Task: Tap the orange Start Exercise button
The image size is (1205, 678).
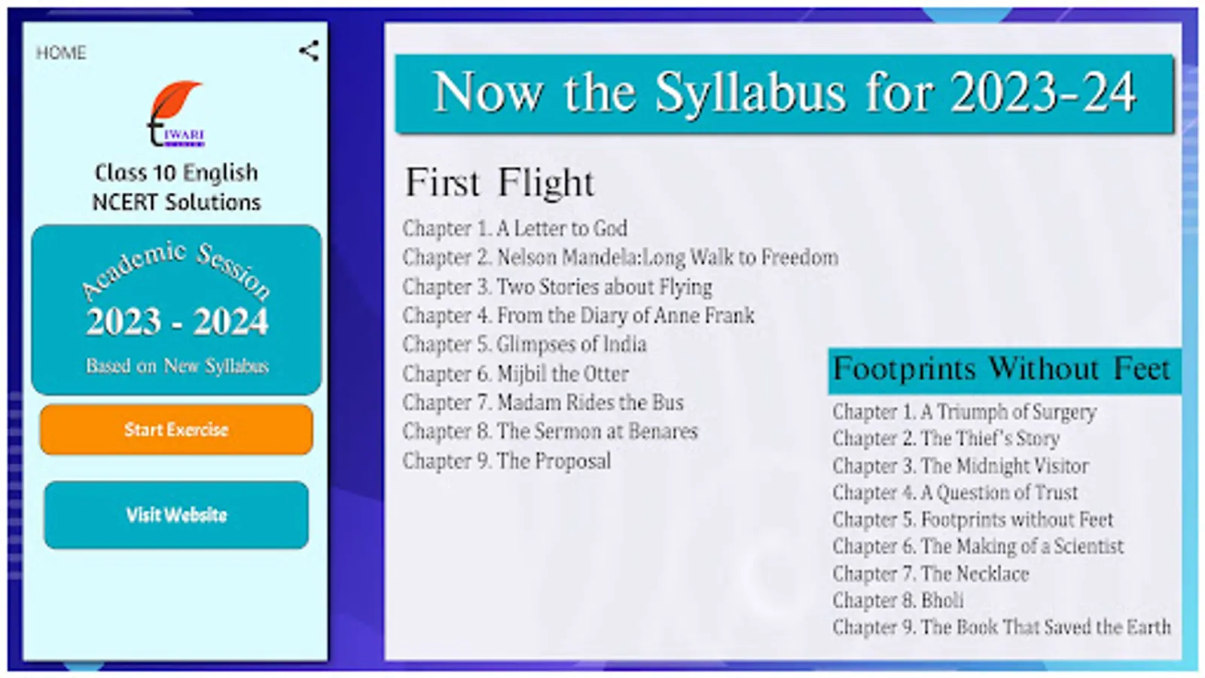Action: tap(176, 429)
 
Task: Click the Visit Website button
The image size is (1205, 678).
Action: tap(176, 515)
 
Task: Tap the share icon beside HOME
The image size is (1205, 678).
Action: tap(310, 51)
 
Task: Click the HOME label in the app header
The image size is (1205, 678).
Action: tap(61, 53)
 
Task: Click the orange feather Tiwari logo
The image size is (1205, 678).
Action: tap(176, 114)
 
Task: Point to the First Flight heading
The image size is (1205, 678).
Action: tap(499, 182)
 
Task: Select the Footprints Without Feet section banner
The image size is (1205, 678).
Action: tap(1005, 371)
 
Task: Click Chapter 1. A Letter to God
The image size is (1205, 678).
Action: tap(515, 228)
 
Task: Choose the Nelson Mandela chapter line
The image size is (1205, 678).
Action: tap(621, 257)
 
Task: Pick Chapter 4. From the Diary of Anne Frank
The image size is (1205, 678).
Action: tap(578, 316)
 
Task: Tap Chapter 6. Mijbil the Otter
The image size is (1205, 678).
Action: tap(515, 374)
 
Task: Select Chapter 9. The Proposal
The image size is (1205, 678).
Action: tap(507, 460)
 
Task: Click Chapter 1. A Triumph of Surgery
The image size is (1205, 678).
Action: tap(964, 412)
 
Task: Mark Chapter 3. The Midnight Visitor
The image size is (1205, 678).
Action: tap(961, 466)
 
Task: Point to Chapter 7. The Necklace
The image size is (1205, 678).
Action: tap(931, 573)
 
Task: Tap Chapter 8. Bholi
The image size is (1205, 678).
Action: tap(898, 600)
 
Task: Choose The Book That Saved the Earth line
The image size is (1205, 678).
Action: tap(1002, 627)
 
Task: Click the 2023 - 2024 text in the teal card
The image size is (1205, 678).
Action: tap(176, 322)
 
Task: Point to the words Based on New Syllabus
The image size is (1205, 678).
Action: tap(177, 366)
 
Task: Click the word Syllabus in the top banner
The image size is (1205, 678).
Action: tap(750, 93)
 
